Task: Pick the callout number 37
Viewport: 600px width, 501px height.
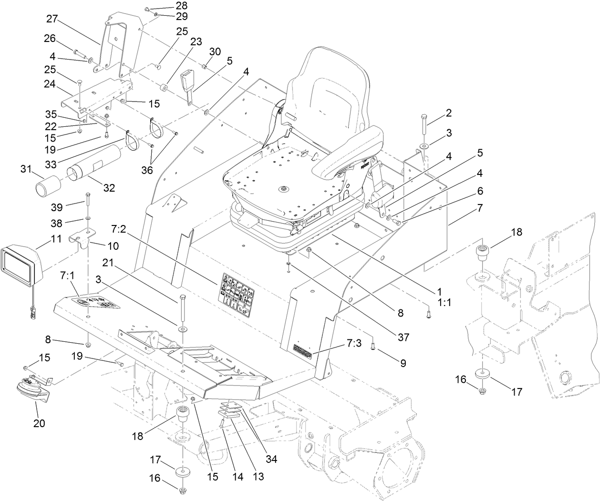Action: (403, 337)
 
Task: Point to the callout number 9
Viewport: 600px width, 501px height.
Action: (403, 363)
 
